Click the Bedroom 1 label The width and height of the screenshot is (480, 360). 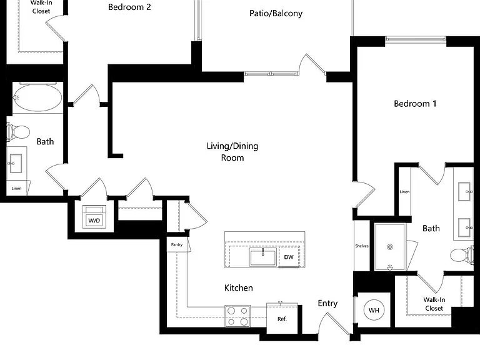(415, 104)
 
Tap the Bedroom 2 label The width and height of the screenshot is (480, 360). (129, 7)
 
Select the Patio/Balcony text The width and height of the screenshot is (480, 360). (276, 14)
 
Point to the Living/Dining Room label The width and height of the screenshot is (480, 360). (232, 152)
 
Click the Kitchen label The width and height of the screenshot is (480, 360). (239, 287)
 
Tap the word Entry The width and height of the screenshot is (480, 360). (327, 303)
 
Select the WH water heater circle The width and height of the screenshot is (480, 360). (374, 310)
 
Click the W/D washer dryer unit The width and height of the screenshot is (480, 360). (94, 217)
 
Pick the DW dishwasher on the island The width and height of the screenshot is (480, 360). (289, 257)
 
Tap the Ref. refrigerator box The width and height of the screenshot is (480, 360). (282, 318)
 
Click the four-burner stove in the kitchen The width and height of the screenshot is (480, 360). (237, 316)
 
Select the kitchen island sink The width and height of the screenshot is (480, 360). (263, 257)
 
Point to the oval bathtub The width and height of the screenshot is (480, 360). (37, 97)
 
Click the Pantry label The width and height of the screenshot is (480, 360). (177, 244)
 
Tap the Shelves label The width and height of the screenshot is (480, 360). (361, 246)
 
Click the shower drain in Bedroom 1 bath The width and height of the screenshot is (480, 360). (390, 247)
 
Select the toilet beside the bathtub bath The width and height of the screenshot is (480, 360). (18, 132)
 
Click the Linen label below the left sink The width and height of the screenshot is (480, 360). (16, 188)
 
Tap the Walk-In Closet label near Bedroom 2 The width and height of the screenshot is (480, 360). (41, 7)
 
